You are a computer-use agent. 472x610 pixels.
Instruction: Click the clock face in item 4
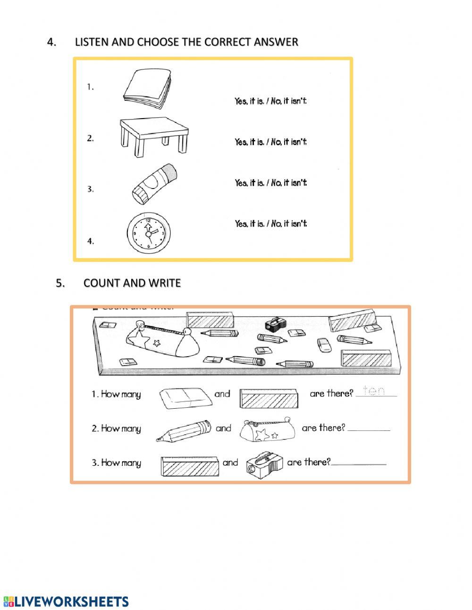click(x=148, y=233)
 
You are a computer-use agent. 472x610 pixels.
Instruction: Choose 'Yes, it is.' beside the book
click(x=249, y=101)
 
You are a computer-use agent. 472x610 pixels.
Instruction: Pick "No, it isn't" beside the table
click(x=289, y=142)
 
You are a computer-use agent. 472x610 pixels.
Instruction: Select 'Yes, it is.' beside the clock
click(x=249, y=223)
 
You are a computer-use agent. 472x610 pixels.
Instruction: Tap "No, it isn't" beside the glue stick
click(x=289, y=183)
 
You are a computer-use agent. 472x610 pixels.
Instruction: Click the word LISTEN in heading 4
click(x=92, y=42)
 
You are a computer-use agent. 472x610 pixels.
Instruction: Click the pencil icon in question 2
click(x=183, y=430)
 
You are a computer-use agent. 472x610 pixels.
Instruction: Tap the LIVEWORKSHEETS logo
click(x=66, y=601)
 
